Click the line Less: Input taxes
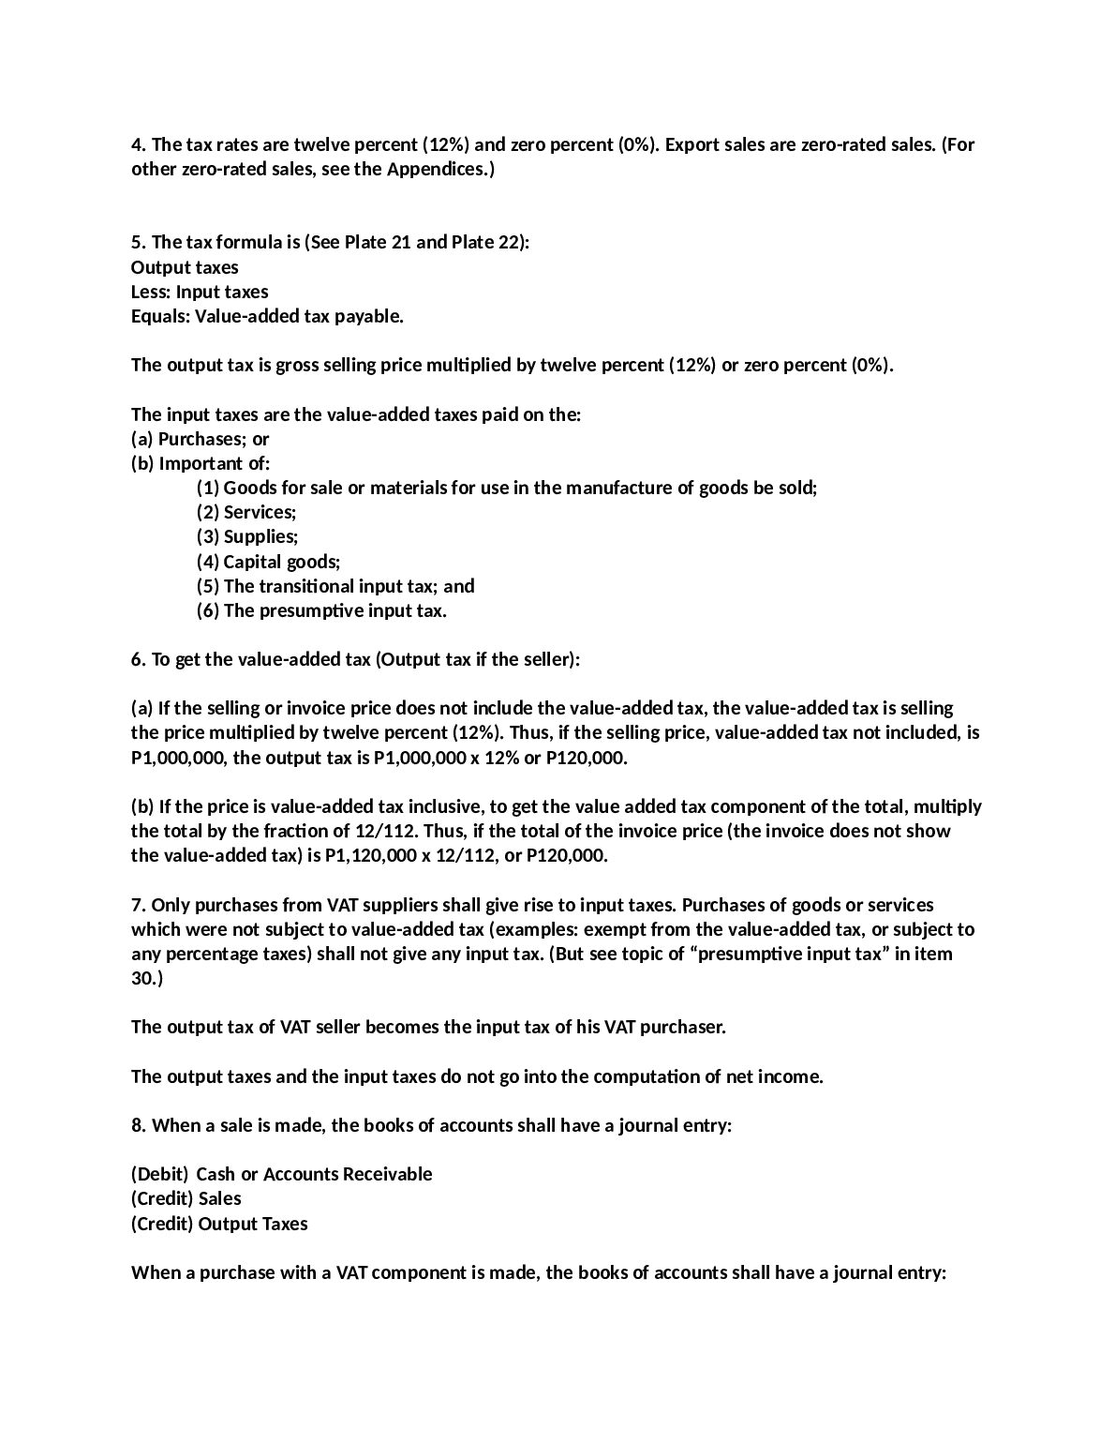[x=200, y=292]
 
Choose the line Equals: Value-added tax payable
[x=267, y=316]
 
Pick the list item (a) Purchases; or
[x=201, y=439]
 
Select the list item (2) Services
[x=246, y=512]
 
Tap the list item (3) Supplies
[x=247, y=536]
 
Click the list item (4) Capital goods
[x=268, y=562]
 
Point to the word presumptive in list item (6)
[x=334, y=610]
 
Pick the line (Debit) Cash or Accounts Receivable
[x=281, y=1174]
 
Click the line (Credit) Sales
[x=186, y=1198]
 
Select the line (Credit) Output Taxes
[x=219, y=1224]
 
